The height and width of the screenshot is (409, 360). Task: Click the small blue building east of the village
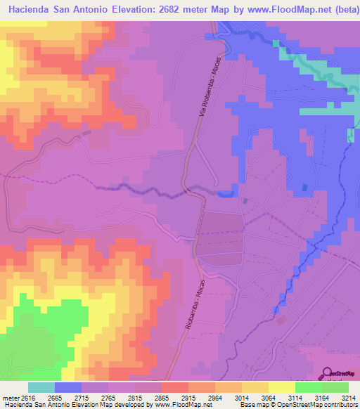tap(304, 188)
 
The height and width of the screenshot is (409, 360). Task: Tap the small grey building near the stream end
tap(245, 201)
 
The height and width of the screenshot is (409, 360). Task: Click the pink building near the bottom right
tap(282, 320)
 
